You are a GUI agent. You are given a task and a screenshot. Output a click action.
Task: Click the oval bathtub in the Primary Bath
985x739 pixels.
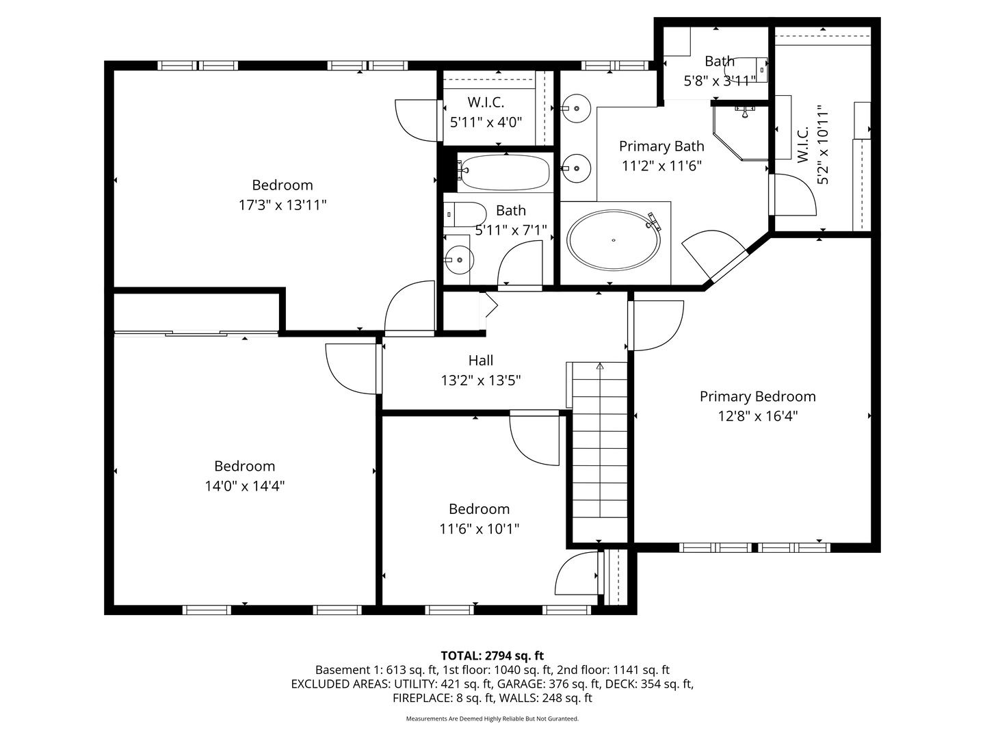tap(614, 239)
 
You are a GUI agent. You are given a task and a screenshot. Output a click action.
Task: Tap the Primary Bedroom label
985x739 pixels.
tap(757, 396)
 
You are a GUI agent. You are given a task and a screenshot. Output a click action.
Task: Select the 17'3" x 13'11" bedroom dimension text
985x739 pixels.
tap(282, 205)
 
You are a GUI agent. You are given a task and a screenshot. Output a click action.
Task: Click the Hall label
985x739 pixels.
tap(480, 360)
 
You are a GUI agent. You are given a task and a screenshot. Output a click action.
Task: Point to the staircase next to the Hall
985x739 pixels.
tap(599, 452)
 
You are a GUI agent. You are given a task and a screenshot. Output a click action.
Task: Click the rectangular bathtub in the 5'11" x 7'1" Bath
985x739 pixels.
tap(504, 172)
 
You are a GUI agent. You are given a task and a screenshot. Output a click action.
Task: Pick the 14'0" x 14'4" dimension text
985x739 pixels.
tap(244, 486)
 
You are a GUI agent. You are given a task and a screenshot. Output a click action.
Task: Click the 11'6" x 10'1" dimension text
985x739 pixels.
tap(479, 529)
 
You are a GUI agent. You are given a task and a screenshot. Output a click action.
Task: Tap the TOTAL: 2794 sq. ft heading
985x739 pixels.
tap(492, 656)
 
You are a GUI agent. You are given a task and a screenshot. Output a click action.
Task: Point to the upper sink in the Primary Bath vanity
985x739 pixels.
tap(576, 108)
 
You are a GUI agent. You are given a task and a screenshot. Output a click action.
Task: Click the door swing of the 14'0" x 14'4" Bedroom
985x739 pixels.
tap(352, 368)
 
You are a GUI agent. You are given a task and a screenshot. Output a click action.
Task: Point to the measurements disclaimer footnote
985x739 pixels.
tap(492, 718)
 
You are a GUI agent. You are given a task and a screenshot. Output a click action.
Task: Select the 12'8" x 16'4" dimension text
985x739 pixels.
tap(757, 416)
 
